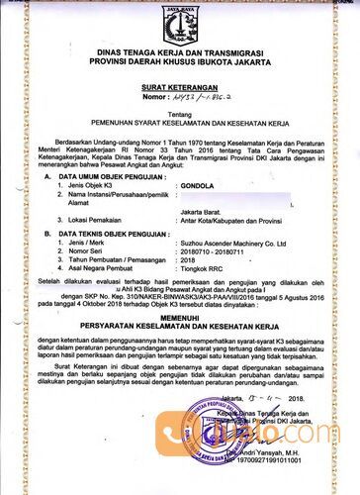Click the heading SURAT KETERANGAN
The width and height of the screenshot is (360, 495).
coord(179,88)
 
